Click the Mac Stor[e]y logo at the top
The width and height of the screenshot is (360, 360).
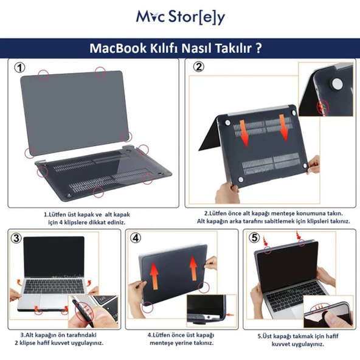pyautogui.click(x=180, y=16)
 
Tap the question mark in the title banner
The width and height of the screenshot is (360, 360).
pyautogui.click(x=259, y=48)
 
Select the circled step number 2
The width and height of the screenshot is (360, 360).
pyautogui.click(x=199, y=67)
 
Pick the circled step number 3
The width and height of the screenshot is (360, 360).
pyautogui.click(x=17, y=238)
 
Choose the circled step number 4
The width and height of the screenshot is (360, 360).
pyautogui.click(x=137, y=238)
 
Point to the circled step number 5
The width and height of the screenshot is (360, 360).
pyautogui.click(x=254, y=237)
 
